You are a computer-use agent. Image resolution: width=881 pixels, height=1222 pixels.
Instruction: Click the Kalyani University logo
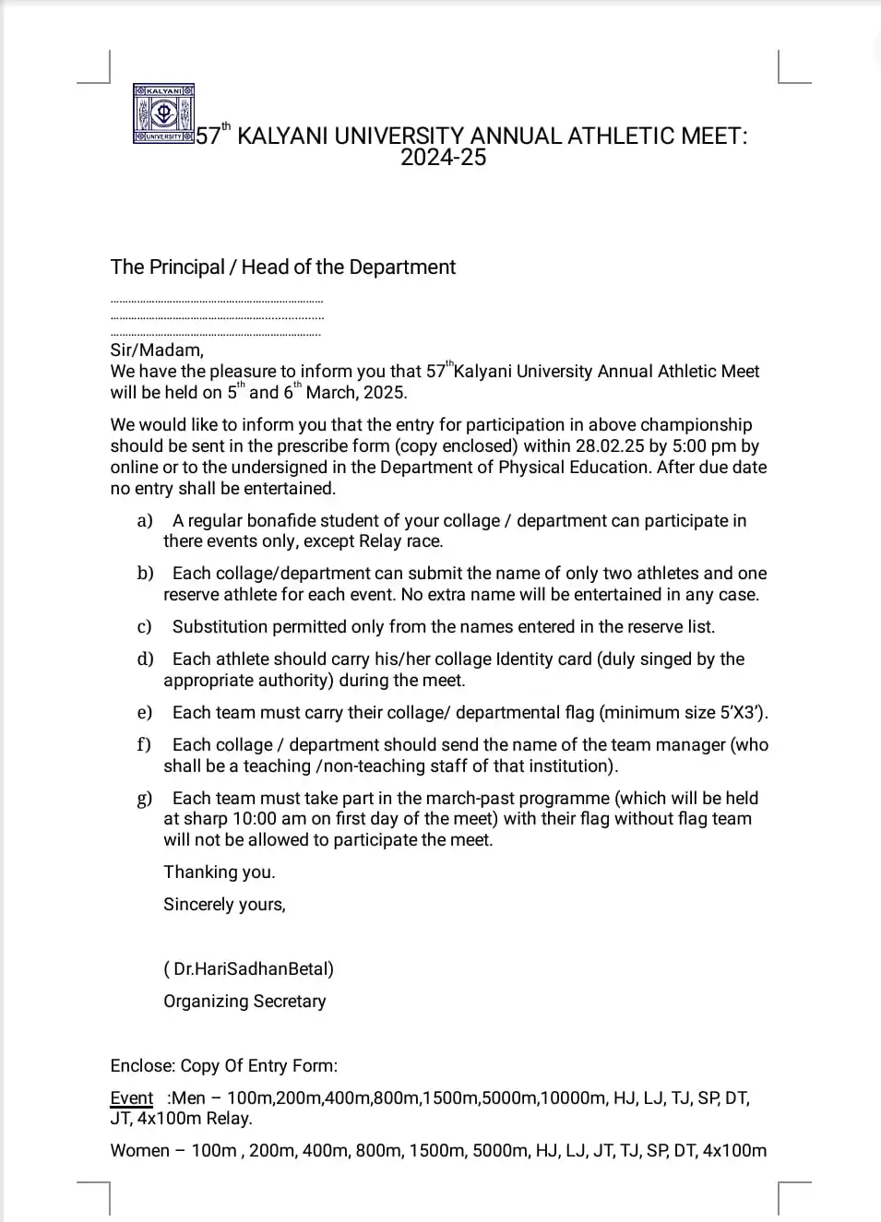coord(163,114)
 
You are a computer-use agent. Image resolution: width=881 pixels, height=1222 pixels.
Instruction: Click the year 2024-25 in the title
coord(443,158)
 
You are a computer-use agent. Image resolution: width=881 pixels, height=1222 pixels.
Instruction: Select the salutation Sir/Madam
coord(157,350)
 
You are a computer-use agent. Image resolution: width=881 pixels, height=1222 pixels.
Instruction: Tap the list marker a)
coord(145,521)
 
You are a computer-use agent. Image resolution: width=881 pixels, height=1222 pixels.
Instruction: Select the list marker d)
coord(145,659)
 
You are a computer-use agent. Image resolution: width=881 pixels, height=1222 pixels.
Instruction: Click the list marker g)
coord(145,799)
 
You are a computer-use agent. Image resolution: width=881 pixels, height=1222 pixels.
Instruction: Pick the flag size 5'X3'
coord(744,713)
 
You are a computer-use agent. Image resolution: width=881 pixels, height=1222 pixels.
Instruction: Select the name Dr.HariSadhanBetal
coord(253,969)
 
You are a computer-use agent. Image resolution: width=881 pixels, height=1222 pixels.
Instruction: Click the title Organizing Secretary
coord(244,1002)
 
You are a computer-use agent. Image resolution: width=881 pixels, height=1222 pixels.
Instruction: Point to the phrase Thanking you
coord(220,872)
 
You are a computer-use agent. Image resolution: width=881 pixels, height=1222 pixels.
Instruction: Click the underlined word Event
coord(131,1098)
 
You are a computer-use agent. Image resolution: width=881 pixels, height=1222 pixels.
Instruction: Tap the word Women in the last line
coord(139,1151)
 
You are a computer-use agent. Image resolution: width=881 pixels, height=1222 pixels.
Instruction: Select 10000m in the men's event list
coord(573,1098)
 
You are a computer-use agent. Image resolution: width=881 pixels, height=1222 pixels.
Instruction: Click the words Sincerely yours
coord(224,905)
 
